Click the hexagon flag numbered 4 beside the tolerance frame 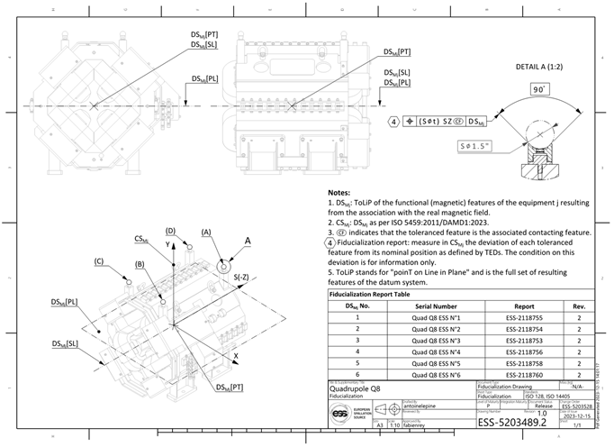[393, 121]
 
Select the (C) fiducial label [100, 262]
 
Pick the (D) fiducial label [169, 232]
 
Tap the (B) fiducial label [140, 265]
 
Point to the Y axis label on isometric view [167, 244]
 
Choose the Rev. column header [579, 306]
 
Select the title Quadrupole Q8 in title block [358, 390]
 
